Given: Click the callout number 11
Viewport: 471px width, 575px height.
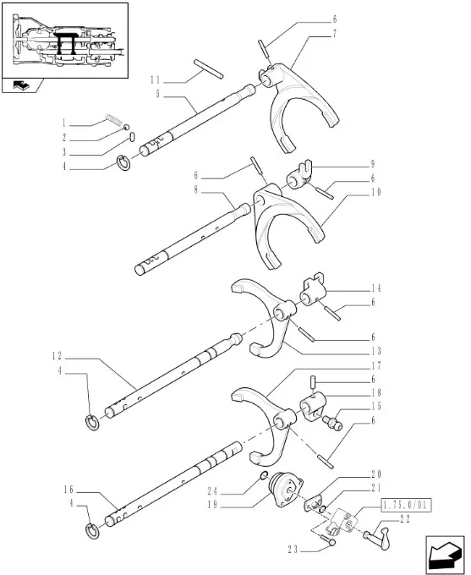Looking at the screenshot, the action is pos(155,80).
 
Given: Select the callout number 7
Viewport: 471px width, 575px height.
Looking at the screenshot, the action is pos(334,33).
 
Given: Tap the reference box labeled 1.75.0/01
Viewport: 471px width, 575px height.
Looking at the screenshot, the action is pos(407,505).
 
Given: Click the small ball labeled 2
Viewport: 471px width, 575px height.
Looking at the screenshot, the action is pos(126,127).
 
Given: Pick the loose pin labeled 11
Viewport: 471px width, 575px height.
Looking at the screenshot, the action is pos(208,69).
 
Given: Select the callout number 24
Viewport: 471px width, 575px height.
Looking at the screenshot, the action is pos(212,491).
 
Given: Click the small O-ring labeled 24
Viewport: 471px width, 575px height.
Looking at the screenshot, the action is pos(264,475).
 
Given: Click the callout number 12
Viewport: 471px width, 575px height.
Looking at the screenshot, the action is pos(57,355).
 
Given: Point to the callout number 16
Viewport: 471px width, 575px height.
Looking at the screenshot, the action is pos(68,490).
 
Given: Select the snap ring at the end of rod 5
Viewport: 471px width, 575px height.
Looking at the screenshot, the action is pos(123,163).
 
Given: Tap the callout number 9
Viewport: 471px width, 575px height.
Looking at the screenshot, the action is pos(373,164).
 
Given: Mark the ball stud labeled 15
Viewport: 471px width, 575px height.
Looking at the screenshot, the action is pos(332,422).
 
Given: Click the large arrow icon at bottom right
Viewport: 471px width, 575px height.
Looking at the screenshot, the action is pos(445,555).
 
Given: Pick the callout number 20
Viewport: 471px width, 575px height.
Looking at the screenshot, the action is pos(376,474).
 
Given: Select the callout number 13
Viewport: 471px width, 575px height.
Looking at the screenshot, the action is pos(376,351).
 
